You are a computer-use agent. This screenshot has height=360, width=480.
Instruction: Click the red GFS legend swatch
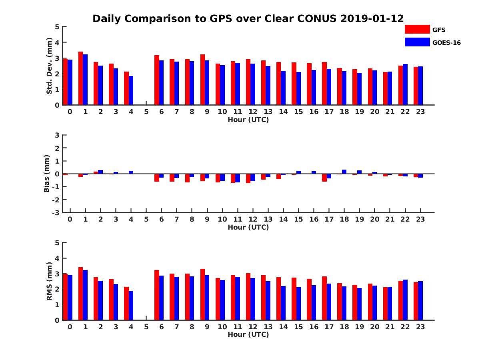417,29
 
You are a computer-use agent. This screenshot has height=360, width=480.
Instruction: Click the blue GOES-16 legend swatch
417,42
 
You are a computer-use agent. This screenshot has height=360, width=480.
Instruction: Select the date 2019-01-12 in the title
372,18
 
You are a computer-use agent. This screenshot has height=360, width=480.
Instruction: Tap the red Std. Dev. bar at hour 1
81,78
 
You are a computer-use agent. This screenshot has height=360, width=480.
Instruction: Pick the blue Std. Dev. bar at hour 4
131,90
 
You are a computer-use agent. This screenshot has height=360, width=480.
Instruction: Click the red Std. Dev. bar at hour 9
202,80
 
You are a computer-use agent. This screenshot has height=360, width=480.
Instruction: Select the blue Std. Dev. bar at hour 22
405,84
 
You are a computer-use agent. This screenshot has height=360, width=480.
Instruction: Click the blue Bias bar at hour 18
344,172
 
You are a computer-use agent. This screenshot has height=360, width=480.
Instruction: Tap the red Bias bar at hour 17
324,178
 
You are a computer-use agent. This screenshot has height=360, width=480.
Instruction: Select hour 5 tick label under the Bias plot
146,219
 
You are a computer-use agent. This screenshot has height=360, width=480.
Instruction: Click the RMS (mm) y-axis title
50,281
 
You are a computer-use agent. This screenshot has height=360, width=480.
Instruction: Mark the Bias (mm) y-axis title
47,174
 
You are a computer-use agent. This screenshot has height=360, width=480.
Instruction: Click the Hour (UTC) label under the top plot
248,120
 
